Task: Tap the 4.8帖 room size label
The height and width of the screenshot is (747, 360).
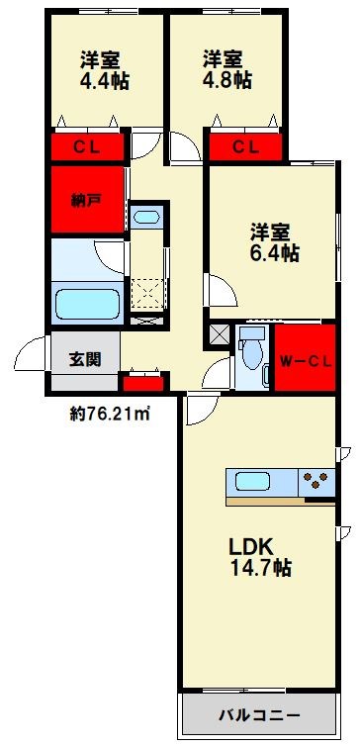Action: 225,78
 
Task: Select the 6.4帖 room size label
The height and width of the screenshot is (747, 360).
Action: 274,253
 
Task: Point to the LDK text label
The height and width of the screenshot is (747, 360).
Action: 251,546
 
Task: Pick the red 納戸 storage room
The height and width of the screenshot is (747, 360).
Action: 87,201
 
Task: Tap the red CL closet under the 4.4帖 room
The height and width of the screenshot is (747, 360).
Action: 87,148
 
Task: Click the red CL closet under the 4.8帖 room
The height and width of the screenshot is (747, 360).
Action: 246,148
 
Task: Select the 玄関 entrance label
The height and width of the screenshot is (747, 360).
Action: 84,359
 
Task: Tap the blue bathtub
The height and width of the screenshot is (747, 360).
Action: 86,304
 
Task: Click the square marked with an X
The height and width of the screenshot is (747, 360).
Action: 218,335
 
